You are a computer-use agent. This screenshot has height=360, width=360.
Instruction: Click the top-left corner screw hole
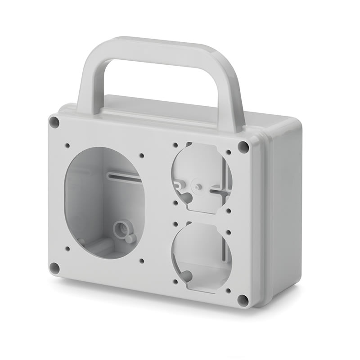[54, 121]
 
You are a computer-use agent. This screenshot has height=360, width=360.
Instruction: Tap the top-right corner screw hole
[243, 147]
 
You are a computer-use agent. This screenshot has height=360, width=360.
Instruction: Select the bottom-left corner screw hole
[54, 268]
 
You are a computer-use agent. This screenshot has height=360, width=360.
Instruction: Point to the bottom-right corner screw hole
[243, 300]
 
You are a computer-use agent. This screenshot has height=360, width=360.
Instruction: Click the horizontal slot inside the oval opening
[124, 176]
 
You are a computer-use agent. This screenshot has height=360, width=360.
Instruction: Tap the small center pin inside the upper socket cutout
[197, 185]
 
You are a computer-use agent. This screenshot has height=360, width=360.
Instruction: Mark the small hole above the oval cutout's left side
[67, 145]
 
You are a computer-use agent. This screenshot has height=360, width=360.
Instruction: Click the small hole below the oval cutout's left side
[67, 248]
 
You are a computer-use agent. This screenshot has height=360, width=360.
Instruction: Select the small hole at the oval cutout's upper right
[141, 156]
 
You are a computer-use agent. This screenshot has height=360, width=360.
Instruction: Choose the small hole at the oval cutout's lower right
[141, 261]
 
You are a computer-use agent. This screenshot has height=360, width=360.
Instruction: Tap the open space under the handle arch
[157, 81]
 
